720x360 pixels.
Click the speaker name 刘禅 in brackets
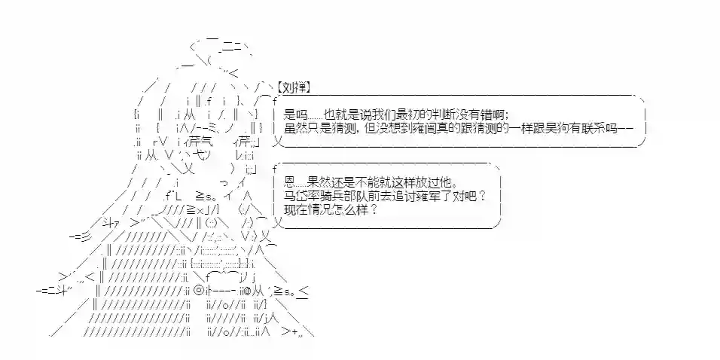pos(294,87)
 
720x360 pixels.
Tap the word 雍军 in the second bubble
pos(432,197)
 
